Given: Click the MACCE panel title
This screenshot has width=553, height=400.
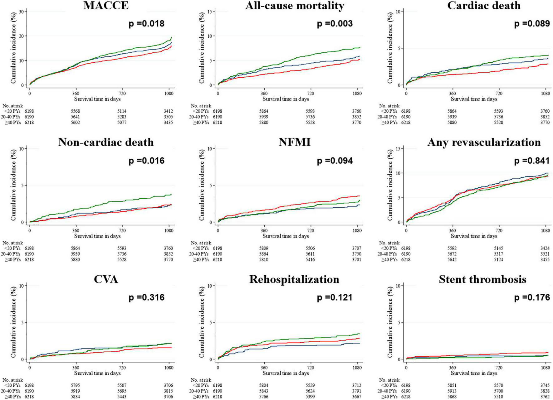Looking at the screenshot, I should [x=106, y=6].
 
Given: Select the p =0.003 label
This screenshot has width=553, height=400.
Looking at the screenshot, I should [x=335, y=24].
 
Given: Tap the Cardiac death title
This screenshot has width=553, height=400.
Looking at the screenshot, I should [x=484, y=6].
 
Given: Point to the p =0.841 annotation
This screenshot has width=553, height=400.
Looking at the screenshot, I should [x=532, y=161].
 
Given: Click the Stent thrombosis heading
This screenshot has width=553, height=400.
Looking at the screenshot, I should [x=482, y=279].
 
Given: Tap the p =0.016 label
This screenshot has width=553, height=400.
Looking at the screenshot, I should [x=146, y=161].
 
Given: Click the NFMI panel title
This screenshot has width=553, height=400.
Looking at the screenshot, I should [x=295, y=142].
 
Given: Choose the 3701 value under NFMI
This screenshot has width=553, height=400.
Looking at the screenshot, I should [x=356, y=260].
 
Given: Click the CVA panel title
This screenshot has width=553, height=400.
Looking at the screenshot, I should [x=106, y=279].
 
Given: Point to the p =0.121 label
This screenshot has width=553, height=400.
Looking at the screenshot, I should [x=335, y=297].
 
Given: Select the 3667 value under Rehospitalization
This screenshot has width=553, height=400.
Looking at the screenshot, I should [x=356, y=397].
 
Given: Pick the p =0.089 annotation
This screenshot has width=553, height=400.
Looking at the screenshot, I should [x=532, y=24].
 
